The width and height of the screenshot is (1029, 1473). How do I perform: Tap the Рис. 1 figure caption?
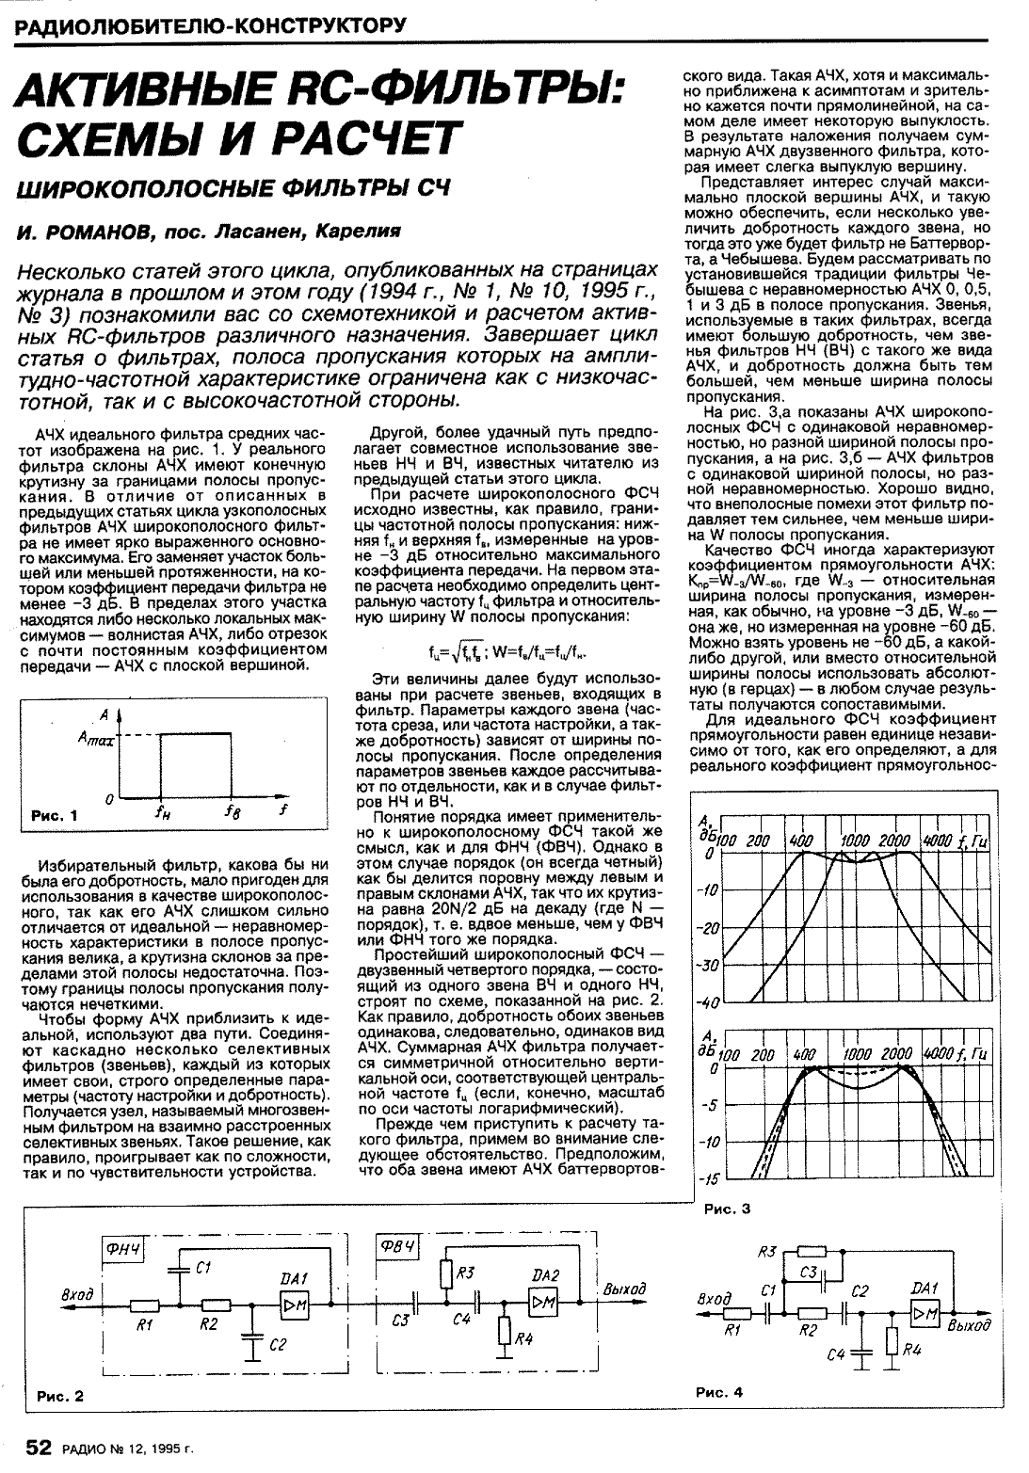point(55,816)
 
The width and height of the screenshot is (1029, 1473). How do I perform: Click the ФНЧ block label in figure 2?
point(123,1249)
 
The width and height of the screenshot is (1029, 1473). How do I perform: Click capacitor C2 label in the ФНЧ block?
point(277,1346)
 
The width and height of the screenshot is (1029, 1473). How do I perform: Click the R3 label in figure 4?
point(765,1251)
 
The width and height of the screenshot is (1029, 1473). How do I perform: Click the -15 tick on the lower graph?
point(708,1177)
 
